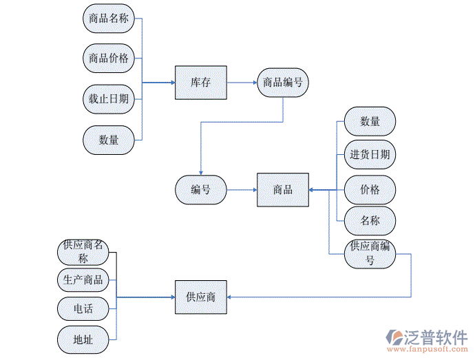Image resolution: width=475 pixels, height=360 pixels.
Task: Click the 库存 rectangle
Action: click(x=200, y=83)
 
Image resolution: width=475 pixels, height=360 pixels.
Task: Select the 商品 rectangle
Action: click(x=282, y=189)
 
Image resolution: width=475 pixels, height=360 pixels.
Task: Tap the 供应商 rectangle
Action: click(x=200, y=297)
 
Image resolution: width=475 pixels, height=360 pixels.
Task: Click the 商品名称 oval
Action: click(x=109, y=19)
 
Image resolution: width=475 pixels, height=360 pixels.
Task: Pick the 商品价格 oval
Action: click(x=109, y=59)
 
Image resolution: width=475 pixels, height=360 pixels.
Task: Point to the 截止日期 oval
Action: click(x=109, y=98)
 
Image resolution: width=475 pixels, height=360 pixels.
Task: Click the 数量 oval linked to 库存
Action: click(x=109, y=140)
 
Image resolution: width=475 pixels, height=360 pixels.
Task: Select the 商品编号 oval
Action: click(x=282, y=83)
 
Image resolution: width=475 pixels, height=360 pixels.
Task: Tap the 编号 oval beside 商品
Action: click(x=200, y=189)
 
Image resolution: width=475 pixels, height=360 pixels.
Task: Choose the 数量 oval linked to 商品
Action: click(x=370, y=121)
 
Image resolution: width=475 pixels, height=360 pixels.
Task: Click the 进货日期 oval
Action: click(x=370, y=155)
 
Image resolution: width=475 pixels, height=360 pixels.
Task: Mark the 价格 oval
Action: click(x=370, y=189)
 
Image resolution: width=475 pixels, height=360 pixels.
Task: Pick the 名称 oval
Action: click(x=370, y=221)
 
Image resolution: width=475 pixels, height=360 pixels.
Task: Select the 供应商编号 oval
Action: click(x=370, y=253)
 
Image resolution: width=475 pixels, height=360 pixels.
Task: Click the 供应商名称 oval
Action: click(x=83, y=252)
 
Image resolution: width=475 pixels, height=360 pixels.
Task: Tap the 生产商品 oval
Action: click(x=83, y=279)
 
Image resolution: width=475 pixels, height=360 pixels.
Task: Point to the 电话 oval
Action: click(x=83, y=309)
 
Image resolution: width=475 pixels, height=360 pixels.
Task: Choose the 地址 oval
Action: click(x=83, y=339)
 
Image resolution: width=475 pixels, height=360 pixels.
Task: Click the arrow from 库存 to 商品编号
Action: click(x=242, y=83)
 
